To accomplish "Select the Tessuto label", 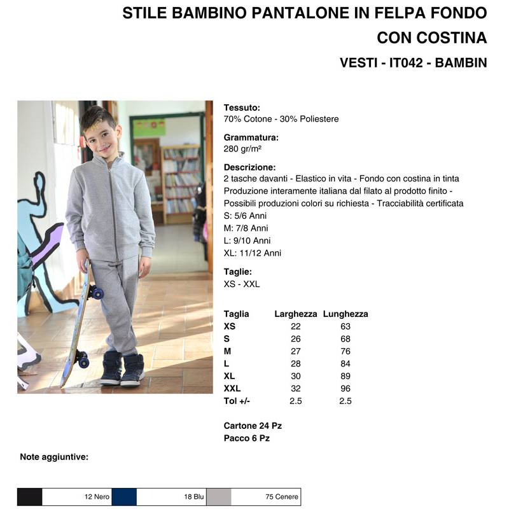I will coord(242,108).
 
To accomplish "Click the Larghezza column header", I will coord(295,314).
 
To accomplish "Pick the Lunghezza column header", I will coord(345,314).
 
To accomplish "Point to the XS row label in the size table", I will coord(230,326).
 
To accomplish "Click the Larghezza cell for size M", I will coord(295,351).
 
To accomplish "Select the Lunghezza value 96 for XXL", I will coord(345,388).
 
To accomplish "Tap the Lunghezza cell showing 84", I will coord(345,363).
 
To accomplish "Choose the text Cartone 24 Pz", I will coord(253,426).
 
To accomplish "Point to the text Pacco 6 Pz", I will coord(247,438).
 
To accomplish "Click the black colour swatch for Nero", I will coord(29,497).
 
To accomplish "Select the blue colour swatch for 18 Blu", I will coord(124,497).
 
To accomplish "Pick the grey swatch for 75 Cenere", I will coord(219,497).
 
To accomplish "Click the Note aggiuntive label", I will coord(54,457).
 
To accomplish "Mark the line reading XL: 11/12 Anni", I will coord(253,253).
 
